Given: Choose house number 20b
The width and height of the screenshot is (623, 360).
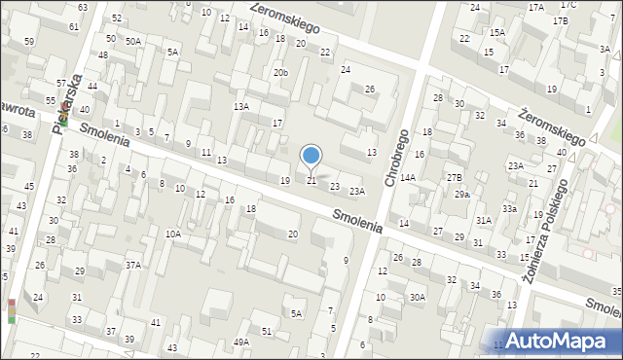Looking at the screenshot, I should (280, 73).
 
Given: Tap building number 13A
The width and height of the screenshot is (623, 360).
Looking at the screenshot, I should (241, 106).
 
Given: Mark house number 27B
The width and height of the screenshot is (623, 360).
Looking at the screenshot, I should (455, 177).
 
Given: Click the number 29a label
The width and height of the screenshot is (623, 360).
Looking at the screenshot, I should (462, 195).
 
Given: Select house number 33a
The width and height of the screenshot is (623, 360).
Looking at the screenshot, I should (509, 209).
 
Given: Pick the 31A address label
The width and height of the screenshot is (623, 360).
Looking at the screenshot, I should (483, 221).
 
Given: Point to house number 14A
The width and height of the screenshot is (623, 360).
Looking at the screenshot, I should (407, 177).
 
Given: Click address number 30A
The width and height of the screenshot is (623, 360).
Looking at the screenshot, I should (418, 298).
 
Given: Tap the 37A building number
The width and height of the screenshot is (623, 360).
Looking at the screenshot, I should (132, 265).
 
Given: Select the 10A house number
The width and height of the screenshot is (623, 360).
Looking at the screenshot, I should (173, 234).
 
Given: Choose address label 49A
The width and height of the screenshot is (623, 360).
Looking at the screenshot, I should (240, 342).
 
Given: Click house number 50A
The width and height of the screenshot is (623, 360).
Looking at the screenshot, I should (133, 41).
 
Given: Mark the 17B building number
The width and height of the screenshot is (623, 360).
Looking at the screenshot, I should (560, 20).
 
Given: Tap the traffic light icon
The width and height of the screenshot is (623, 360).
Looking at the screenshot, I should (11, 310).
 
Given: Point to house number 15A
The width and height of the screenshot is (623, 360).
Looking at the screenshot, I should (497, 32).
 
